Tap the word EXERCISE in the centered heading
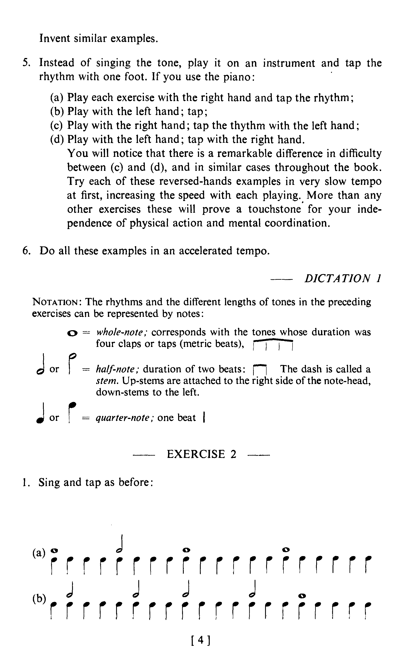[196, 454]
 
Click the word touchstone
[274, 209]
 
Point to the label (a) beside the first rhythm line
[39, 553]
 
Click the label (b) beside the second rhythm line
[39, 599]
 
